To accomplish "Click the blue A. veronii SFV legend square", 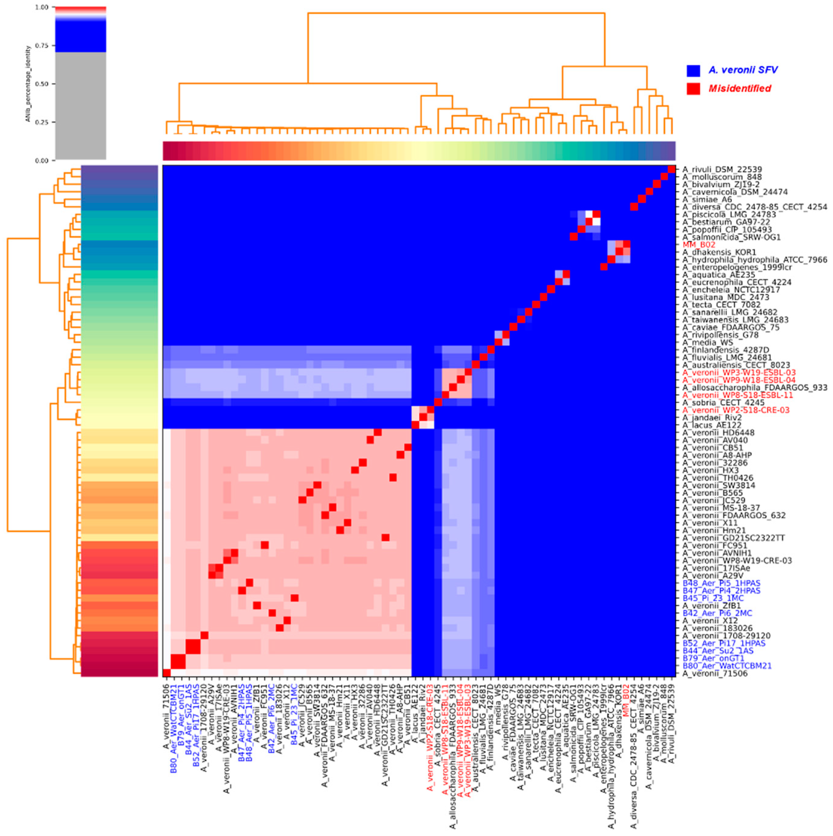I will [693, 70].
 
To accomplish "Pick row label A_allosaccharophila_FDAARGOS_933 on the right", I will [755, 388].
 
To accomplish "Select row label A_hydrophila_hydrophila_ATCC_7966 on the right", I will [755, 260].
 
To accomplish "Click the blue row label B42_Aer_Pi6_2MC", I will [717, 613].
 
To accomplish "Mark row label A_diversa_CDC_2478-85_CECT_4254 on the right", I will [755, 207].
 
